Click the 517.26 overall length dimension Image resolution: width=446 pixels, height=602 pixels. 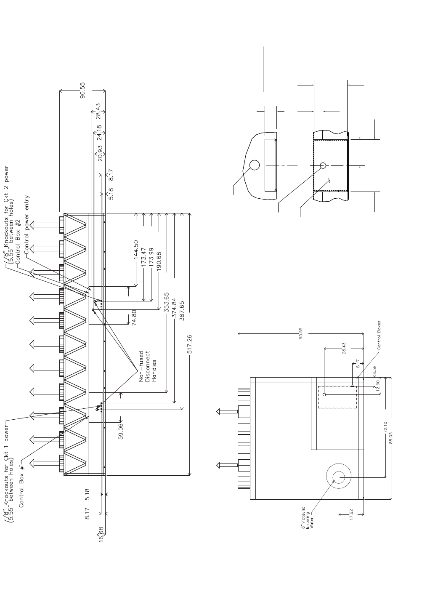tap(189, 344)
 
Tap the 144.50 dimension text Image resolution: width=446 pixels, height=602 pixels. tap(136, 250)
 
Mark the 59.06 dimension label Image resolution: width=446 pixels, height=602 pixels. tap(121, 431)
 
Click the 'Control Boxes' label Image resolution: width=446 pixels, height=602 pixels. tap(379, 336)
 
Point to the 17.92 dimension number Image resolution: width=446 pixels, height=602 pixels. tap(351, 515)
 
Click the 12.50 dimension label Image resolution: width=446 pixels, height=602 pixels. tap(378, 386)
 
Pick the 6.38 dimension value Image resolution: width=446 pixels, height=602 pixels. tap(374, 368)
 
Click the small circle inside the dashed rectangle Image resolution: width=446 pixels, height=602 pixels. tap(324, 394)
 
